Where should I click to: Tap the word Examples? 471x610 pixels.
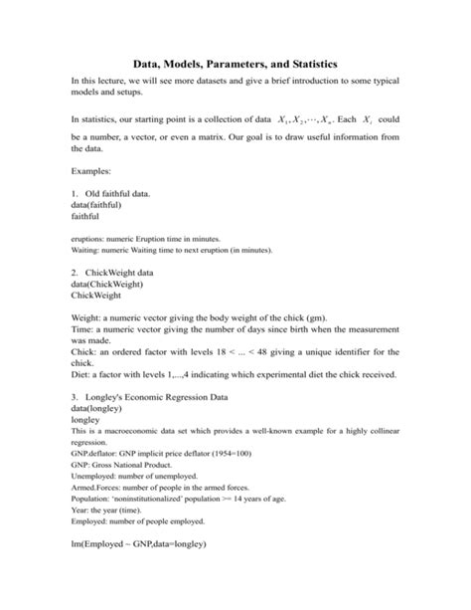point(97,172)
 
